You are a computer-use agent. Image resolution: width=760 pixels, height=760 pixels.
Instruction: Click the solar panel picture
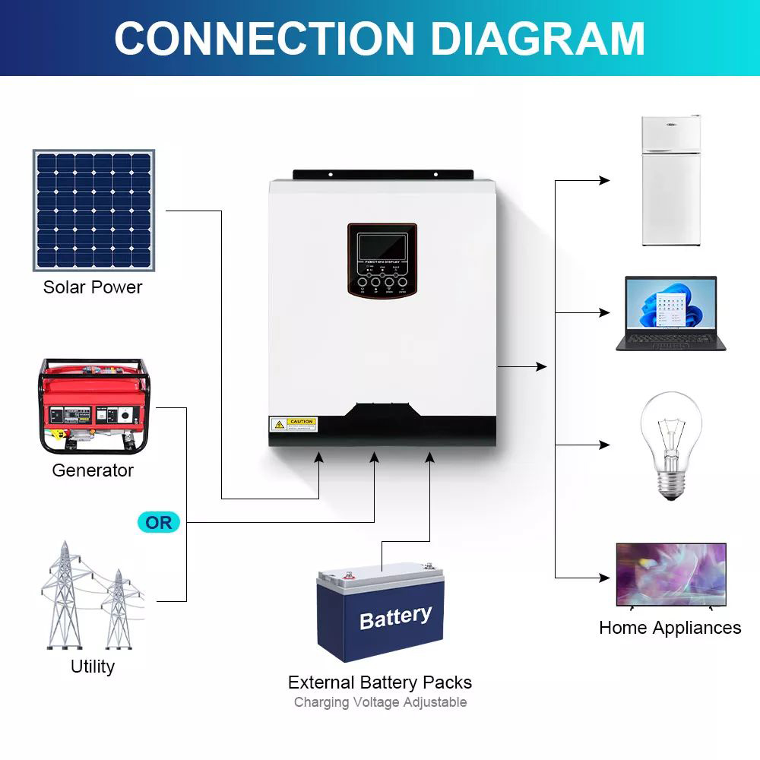[93, 211]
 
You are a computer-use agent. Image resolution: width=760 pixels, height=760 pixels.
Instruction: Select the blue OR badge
[159, 523]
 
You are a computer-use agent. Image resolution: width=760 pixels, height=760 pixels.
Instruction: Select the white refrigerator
[670, 181]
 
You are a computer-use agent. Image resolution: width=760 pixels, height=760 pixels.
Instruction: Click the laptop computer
[670, 313]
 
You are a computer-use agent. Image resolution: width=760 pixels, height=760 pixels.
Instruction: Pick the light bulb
[670, 445]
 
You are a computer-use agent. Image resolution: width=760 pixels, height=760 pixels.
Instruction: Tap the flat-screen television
[670, 575]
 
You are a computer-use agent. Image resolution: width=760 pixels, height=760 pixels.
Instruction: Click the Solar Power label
[93, 287]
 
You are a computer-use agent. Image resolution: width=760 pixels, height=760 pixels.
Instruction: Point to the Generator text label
[93, 470]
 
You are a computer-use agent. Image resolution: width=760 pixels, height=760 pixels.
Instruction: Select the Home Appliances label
[670, 628]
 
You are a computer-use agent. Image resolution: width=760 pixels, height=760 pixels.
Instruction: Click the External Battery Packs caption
[380, 682]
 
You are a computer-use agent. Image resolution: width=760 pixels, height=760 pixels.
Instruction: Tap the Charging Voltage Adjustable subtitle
[380, 702]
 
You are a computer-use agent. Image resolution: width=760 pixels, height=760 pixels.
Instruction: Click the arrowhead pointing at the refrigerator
[605, 181]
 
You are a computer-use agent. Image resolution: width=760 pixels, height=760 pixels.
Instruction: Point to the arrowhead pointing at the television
[605, 578]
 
